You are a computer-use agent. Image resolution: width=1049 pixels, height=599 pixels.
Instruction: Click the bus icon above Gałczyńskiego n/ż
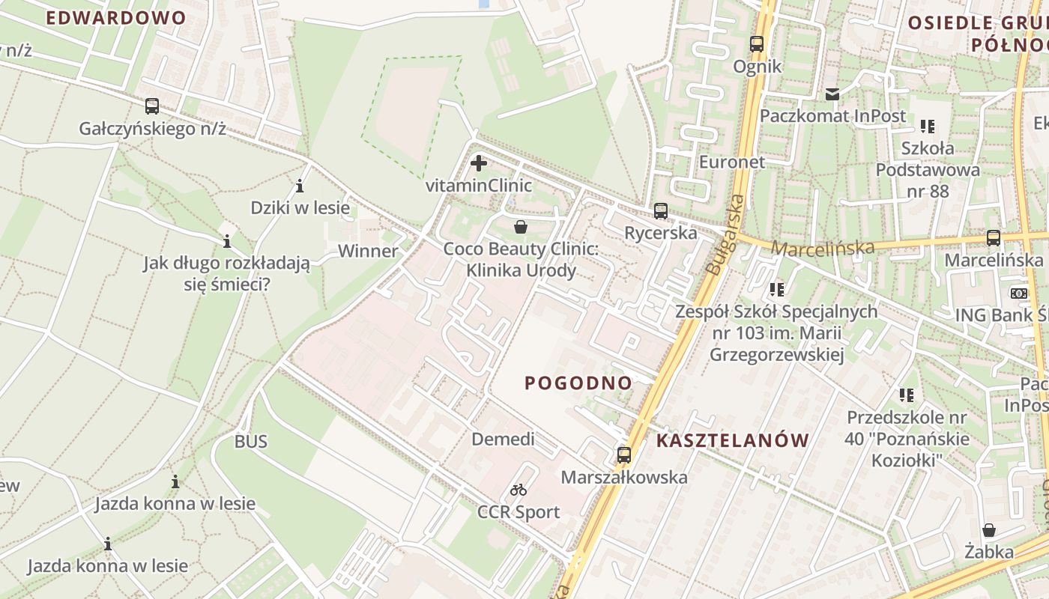(x=152, y=106)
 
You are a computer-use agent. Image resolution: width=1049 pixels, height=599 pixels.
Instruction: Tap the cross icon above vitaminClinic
(x=479, y=162)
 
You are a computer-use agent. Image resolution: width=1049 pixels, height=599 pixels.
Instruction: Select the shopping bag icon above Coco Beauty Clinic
(x=521, y=226)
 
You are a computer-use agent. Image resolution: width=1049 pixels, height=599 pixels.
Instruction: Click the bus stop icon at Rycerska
(x=660, y=211)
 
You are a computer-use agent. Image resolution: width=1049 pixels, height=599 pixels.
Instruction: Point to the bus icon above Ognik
(x=757, y=44)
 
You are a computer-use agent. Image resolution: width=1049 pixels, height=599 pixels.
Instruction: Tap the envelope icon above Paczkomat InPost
(x=832, y=94)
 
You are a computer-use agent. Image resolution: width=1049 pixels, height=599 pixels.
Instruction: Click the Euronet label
(x=731, y=162)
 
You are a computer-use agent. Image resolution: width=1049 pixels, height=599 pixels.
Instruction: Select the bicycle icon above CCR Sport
(x=519, y=490)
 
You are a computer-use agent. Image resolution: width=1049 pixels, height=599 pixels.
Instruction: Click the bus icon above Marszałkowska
(x=623, y=454)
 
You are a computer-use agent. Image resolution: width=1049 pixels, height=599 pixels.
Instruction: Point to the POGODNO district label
(x=578, y=383)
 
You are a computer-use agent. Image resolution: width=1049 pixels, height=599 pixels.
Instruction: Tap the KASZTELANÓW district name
(x=733, y=440)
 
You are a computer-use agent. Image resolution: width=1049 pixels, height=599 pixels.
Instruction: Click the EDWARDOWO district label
(x=116, y=18)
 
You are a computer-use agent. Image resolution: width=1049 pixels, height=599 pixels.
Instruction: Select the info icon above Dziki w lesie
(x=300, y=186)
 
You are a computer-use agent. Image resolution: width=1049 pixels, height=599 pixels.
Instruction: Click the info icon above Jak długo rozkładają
(x=226, y=241)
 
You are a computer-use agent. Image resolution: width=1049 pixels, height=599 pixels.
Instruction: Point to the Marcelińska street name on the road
(x=822, y=248)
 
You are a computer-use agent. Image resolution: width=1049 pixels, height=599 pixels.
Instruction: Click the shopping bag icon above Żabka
(x=989, y=530)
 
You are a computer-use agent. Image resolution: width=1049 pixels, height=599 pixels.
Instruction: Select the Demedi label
(x=503, y=439)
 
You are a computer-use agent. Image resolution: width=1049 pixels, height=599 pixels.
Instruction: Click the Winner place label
(x=368, y=251)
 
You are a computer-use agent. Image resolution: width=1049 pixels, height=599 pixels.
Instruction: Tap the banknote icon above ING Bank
(x=1019, y=293)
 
